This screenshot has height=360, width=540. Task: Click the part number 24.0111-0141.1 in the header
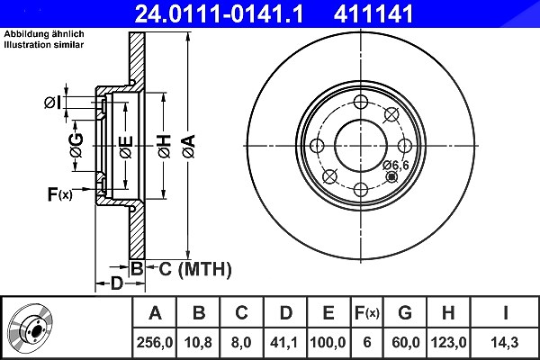point(219,13)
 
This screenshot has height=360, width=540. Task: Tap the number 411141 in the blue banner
point(373,13)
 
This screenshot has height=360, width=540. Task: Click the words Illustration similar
point(44,45)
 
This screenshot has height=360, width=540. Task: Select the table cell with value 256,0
point(155,342)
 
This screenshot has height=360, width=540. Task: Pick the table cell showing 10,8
point(198,342)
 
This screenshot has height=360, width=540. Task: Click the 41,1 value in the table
point(284,342)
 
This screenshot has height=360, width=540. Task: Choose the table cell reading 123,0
point(448,342)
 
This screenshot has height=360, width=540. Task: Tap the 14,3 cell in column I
point(505,342)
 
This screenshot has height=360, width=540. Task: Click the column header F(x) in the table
point(367,313)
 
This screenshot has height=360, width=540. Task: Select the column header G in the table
point(405,313)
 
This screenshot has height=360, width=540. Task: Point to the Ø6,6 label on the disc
point(396,166)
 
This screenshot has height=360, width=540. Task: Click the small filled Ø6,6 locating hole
point(391,177)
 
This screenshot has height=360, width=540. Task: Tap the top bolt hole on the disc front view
point(361,102)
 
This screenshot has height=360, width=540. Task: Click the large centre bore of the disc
point(361,146)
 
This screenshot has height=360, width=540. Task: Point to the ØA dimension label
point(189,147)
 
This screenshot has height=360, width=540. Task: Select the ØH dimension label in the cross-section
point(165,147)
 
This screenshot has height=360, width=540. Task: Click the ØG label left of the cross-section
point(76,145)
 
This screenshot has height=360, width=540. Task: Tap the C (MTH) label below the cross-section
point(195,269)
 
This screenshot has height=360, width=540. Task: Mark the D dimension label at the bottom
point(117,283)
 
